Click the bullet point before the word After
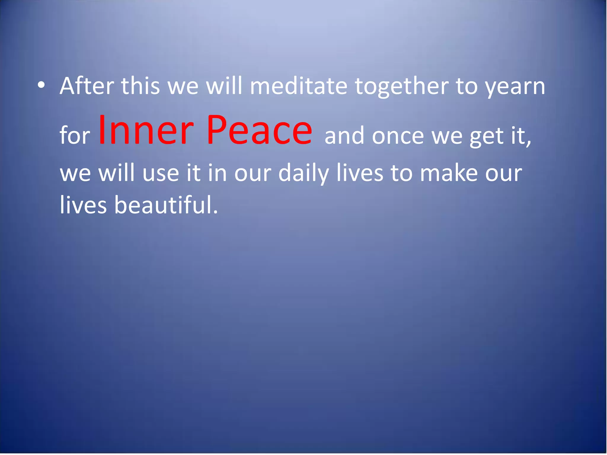(41, 86)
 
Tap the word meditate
(298, 86)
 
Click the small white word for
(75, 135)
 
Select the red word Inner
(146, 130)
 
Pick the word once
(398, 136)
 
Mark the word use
(161, 173)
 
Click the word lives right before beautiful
(83, 205)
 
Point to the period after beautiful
(215, 212)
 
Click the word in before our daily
(217, 173)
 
